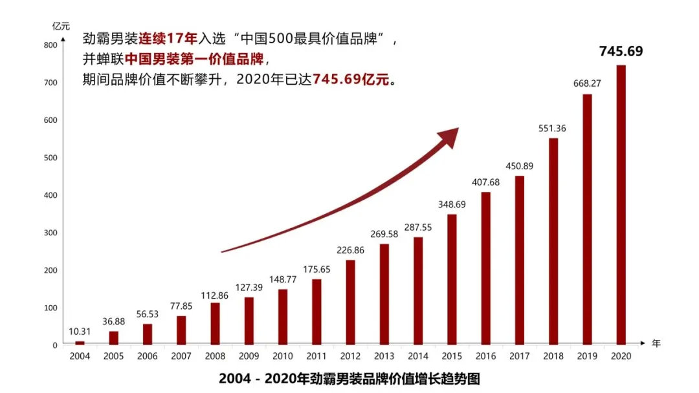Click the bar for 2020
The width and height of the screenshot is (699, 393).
click(621, 205)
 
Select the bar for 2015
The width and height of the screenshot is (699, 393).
click(452, 279)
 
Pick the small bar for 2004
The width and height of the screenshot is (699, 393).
click(80, 343)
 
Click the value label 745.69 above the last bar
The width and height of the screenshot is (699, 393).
click(621, 51)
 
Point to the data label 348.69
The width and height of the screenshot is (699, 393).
click(452, 204)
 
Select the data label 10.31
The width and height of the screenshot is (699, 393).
click(80, 332)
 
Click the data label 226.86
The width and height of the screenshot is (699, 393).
click(350, 251)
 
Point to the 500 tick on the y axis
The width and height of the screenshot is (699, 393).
click(50, 158)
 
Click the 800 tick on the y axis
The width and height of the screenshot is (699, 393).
click(50, 45)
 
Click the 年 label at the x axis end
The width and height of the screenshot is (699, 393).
click(656, 343)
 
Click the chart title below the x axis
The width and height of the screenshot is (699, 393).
click(350, 378)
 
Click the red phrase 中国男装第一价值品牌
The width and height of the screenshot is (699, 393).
click(194, 60)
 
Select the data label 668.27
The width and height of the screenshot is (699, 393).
click(587, 83)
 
